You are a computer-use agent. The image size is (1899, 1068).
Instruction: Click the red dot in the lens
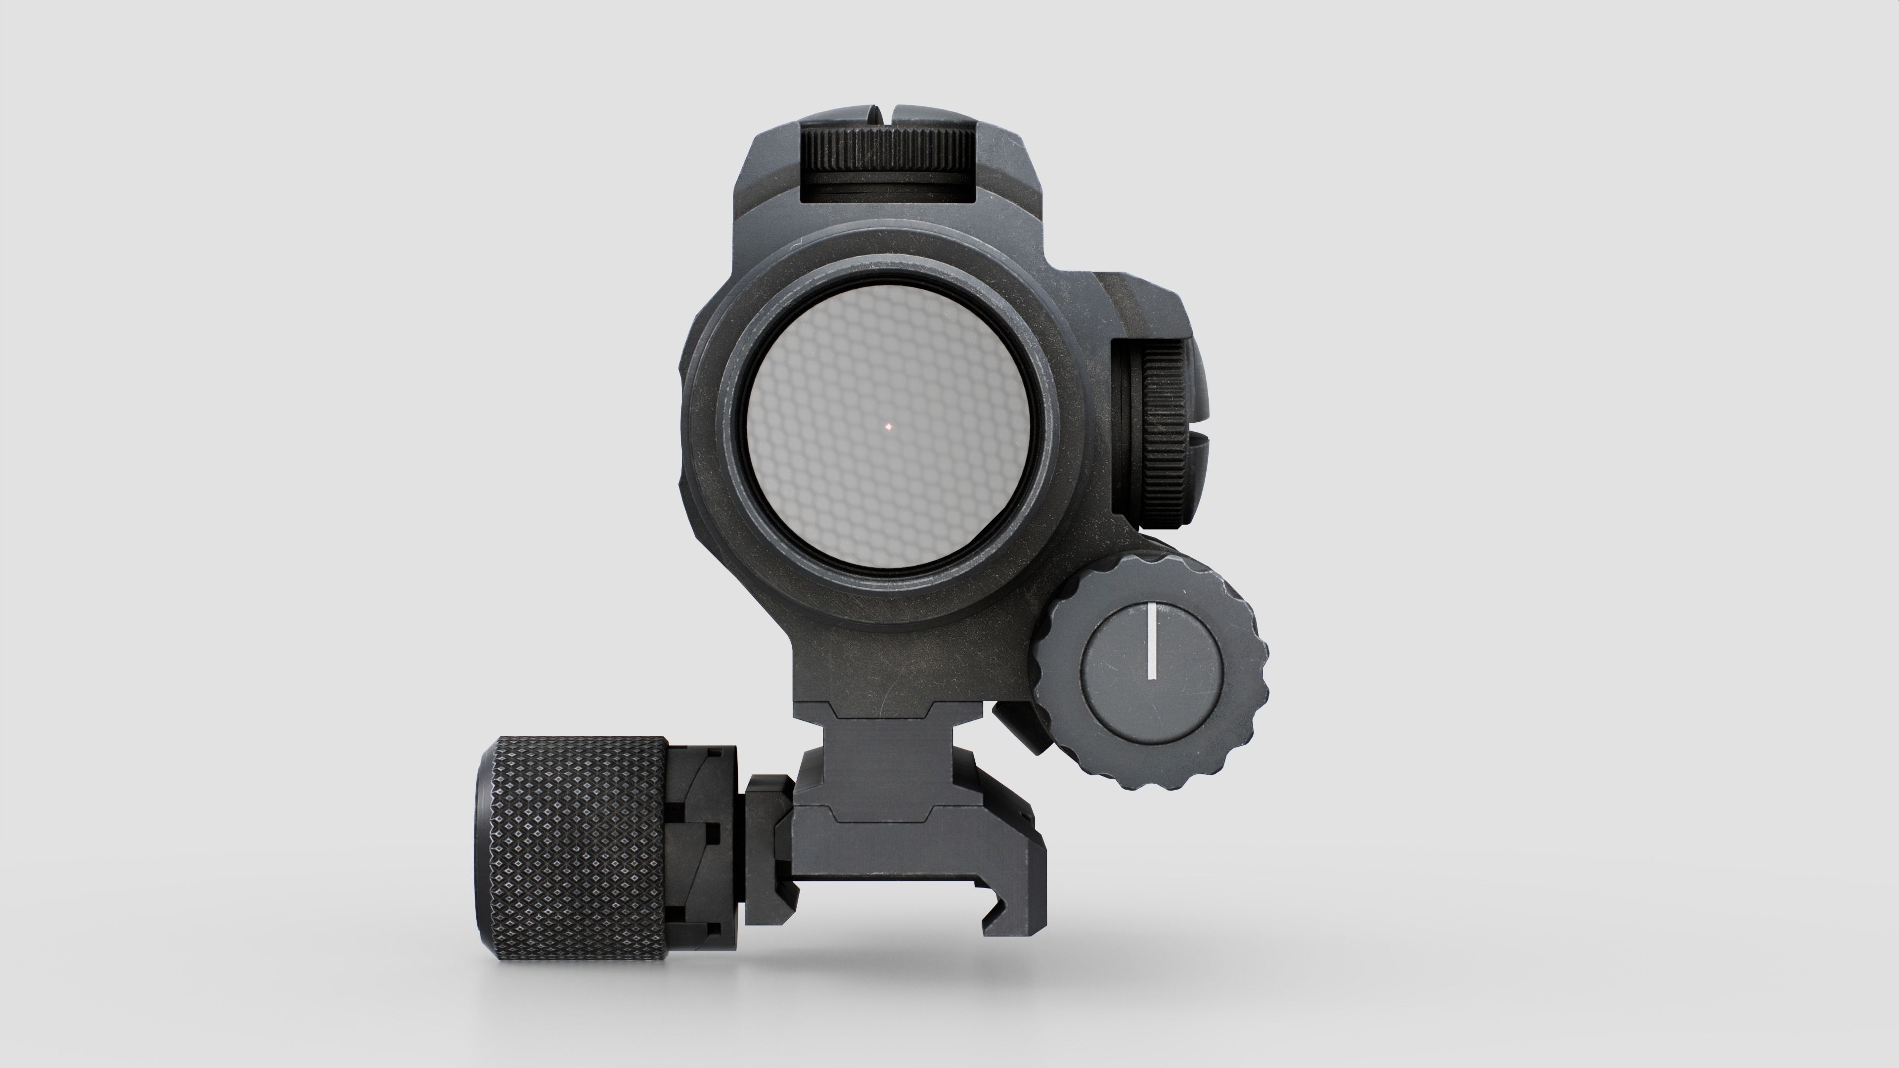click(888, 426)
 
